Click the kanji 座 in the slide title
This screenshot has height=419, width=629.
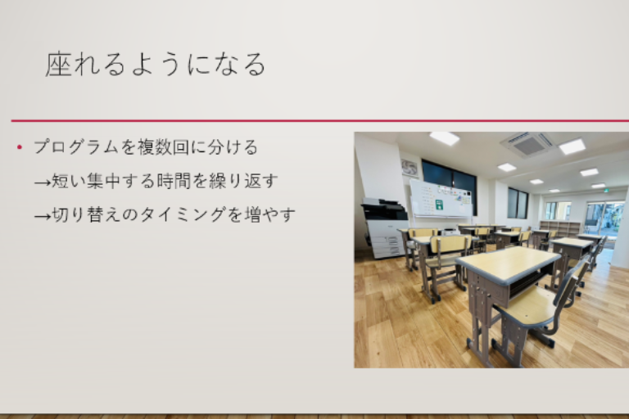click(x=59, y=64)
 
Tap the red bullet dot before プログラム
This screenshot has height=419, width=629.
click(x=20, y=147)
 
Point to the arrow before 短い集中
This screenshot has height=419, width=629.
click(x=43, y=182)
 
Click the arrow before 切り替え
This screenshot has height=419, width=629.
click(x=43, y=217)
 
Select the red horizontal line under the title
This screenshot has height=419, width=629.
click(x=320, y=120)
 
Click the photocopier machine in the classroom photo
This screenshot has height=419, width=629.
click(x=384, y=228)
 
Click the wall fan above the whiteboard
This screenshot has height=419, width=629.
click(x=410, y=168)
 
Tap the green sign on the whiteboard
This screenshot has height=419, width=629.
click(x=439, y=205)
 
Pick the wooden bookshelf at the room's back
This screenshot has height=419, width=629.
click(x=560, y=228)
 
